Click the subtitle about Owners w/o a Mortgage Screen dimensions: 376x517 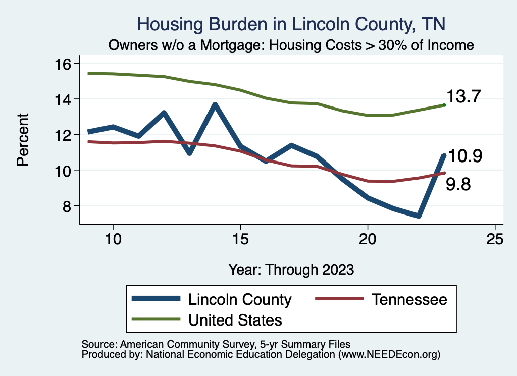291,45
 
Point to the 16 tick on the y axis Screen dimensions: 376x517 66,64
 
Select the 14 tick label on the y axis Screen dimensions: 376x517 66,99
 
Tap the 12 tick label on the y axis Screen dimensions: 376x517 66,135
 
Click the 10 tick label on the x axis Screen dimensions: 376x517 113,239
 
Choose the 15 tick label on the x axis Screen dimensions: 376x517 240,239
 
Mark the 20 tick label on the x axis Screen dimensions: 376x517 368,239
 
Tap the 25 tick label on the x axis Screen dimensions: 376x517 495,239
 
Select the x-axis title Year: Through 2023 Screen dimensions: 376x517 291,269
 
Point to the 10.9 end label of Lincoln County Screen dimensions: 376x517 465,156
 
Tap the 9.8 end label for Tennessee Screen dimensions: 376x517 458,185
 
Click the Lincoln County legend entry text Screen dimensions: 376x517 240,299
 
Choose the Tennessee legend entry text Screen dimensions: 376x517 409,299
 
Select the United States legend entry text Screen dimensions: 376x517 235,319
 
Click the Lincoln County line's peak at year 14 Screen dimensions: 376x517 215,105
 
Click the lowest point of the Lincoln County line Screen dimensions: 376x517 419,216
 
